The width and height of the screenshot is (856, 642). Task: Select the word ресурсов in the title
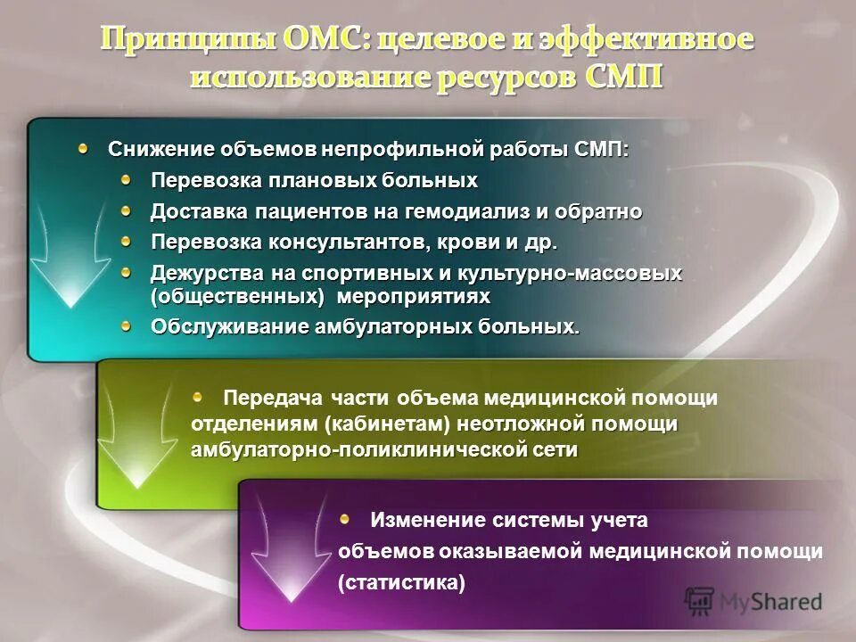coord(507,76)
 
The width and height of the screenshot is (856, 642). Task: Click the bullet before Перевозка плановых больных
coord(127,179)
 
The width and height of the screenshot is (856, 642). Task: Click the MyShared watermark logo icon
coord(699,600)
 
